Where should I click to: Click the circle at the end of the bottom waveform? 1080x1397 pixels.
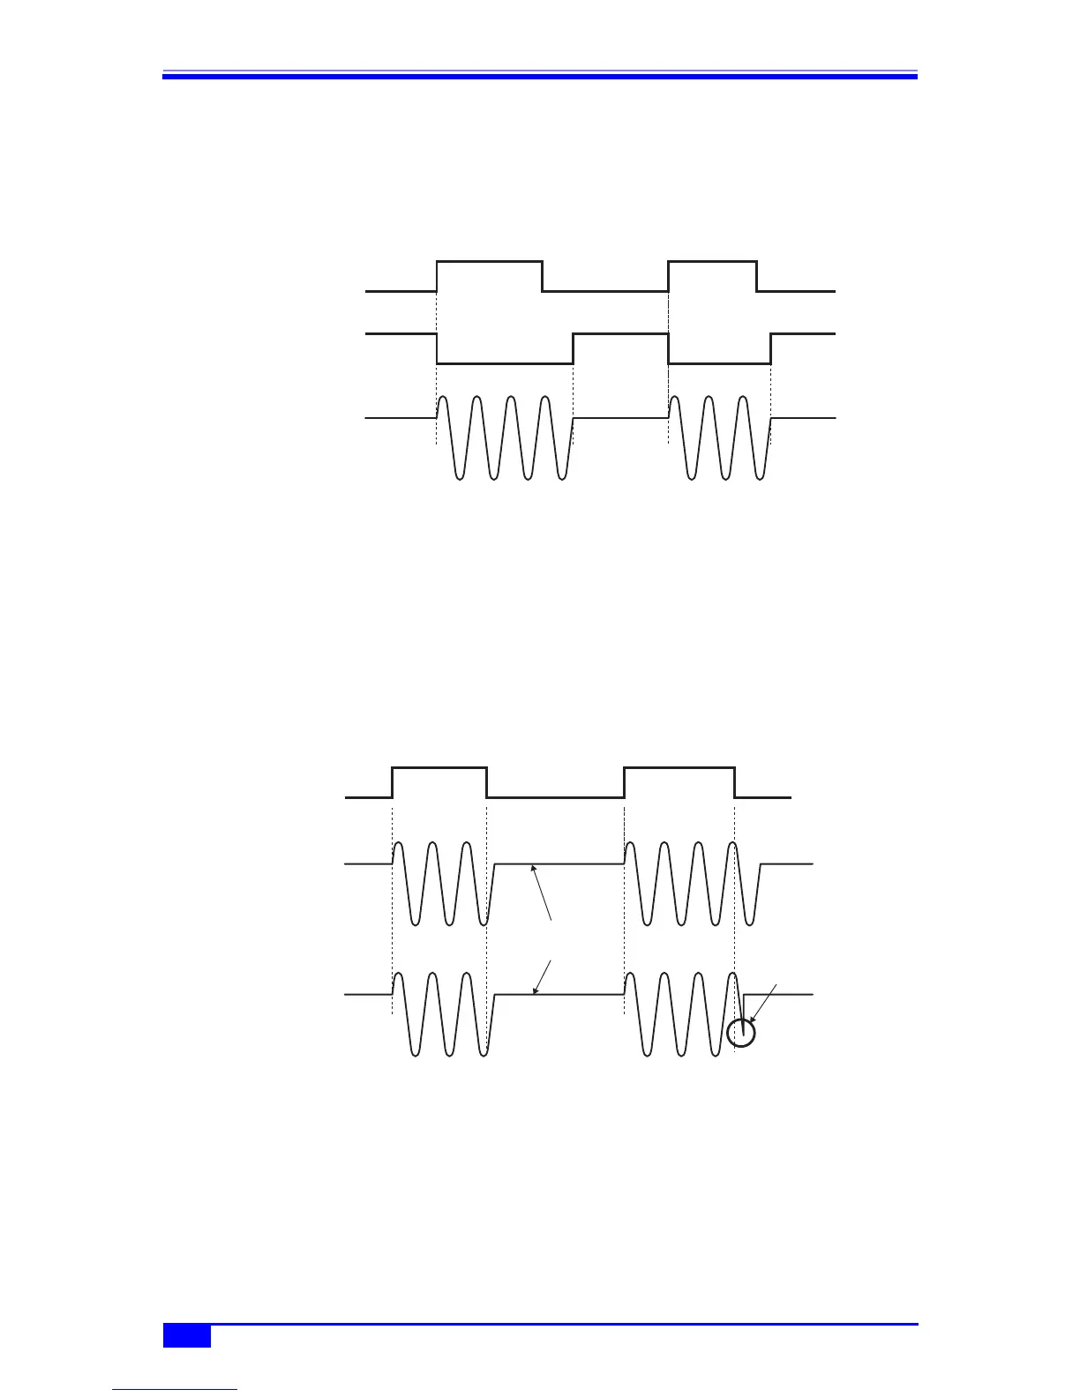point(743,1033)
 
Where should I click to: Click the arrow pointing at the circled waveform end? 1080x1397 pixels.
point(763,1004)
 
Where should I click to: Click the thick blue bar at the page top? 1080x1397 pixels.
point(540,77)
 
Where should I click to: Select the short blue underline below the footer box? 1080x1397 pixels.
point(176,1390)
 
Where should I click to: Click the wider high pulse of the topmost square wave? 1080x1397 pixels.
point(490,263)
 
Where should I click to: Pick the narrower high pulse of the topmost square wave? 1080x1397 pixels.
point(713,263)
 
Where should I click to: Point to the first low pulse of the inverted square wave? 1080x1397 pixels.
point(505,362)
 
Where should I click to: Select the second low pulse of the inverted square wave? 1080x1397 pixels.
point(720,362)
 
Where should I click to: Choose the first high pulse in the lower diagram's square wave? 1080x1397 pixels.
point(439,769)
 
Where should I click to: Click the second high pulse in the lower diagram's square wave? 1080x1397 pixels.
point(679,769)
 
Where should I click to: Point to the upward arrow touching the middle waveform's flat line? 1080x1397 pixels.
point(542,893)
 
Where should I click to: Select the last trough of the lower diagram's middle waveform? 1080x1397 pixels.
point(750,923)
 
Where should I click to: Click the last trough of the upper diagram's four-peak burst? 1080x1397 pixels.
point(562,478)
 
